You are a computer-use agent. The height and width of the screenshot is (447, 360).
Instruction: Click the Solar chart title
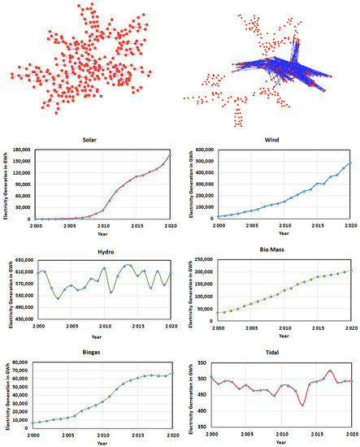coord(102,140)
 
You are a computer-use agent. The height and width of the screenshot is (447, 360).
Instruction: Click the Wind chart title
coord(281,140)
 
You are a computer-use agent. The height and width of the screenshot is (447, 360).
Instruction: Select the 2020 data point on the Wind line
coord(351,163)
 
